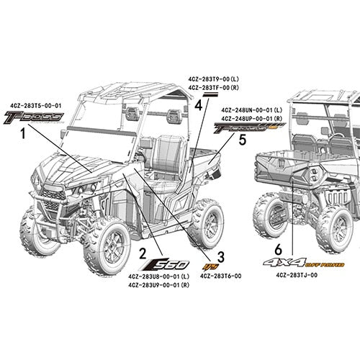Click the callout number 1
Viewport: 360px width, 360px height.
click(x=23, y=133)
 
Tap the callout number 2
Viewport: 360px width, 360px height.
click(x=143, y=253)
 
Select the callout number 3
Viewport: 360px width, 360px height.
click(x=221, y=256)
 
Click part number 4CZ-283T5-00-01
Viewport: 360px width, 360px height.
click(x=36, y=106)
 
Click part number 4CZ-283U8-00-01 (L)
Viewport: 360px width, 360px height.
click(x=158, y=276)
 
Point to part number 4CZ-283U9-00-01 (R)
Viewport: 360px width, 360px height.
click(x=158, y=285)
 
